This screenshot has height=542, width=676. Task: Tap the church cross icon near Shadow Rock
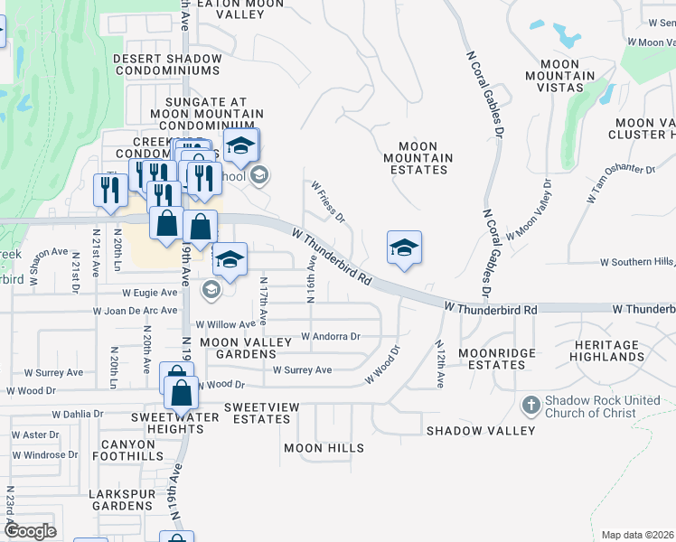[x=531, y=401]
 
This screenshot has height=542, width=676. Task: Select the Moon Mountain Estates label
[x=418, y=158]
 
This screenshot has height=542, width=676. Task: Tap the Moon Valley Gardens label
[x=246, y=349]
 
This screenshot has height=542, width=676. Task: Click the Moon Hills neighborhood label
[x=324, y=448]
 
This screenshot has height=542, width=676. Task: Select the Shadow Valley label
[x=482, y=431]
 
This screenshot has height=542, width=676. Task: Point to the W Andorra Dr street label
[x=331, y=337]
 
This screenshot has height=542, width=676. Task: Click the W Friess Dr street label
[x=329, y=201]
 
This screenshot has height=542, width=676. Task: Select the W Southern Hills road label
[x=638, y=262]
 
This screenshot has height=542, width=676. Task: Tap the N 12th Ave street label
[x=439, y=364]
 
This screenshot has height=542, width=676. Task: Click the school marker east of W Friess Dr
[x=404, y=248]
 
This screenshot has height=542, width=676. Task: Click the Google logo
[x=30, y=531]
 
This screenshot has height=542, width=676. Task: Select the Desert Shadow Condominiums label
[x=167, y=64]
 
